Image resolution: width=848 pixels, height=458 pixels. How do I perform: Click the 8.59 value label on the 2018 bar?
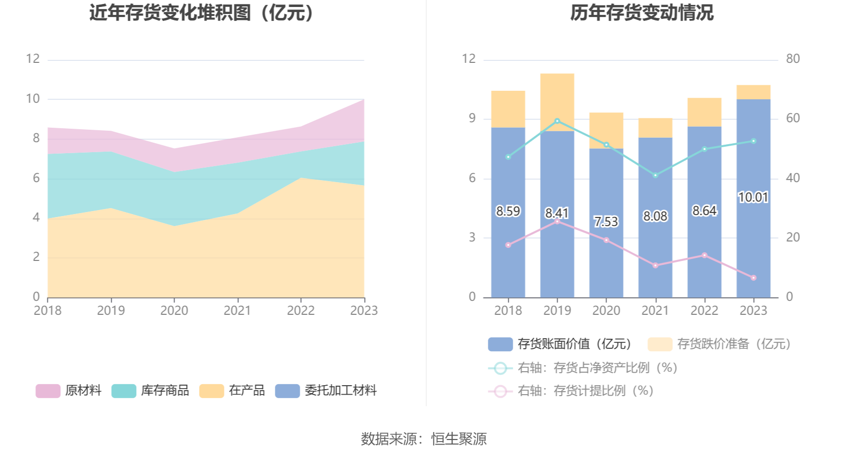click(x=508, y=212)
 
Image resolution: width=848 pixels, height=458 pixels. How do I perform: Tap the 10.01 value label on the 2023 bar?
click(x=753, y=198)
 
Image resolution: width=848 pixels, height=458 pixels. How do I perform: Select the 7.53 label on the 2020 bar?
click(x=606, y=222)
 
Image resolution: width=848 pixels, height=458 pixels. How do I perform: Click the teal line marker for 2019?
click(x=557, y=121)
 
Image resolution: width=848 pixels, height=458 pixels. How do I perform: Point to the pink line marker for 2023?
click(x=753, y=278)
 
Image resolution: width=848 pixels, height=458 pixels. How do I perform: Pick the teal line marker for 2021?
click(x=655, y=175)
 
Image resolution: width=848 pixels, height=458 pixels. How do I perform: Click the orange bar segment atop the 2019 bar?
click(x=557, y=102)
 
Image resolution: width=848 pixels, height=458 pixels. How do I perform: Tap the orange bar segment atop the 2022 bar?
click(x=704, y=112)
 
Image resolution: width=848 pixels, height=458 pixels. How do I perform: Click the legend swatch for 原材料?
click(x=48, y=391)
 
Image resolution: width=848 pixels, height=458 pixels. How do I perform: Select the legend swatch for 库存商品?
click(x=124, y=391)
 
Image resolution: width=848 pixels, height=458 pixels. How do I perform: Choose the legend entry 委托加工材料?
click(x=340, y=391)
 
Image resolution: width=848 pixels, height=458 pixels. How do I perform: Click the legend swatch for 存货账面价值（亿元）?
click(x=500, y=344)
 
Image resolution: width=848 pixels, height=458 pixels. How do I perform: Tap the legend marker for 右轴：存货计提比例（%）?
click(x=500, y=391)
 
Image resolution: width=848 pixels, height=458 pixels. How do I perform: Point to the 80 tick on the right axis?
click(x=793, y=59)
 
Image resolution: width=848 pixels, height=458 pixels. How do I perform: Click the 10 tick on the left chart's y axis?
click(x=33, y=99)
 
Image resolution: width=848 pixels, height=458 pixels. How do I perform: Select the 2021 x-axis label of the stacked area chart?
click(x=237, y=311)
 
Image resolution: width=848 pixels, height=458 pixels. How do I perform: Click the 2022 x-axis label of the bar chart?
click(x=704, y=311)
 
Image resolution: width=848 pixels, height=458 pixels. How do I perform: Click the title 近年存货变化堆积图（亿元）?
click(x=202, y=13)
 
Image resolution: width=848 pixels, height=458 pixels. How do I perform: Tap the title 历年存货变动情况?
click(x=642, y=13)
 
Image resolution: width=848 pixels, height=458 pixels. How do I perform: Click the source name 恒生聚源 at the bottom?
click(x=458, y=439)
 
